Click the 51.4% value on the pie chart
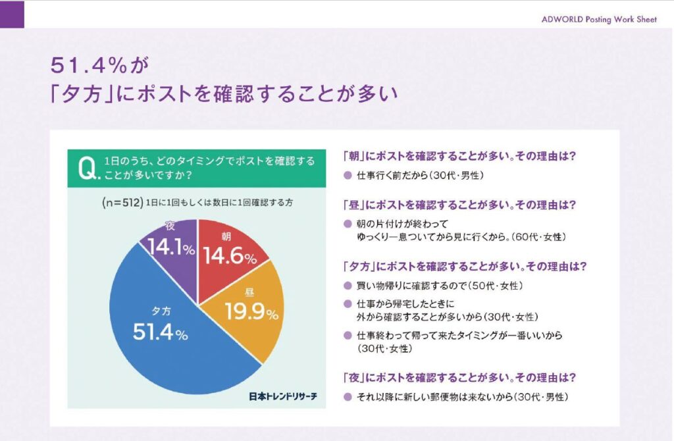tap(160, 333)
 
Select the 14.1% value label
tap(169, 249)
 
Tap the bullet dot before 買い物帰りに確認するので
tap(348, 286)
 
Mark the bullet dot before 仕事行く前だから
tap(348, 176)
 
